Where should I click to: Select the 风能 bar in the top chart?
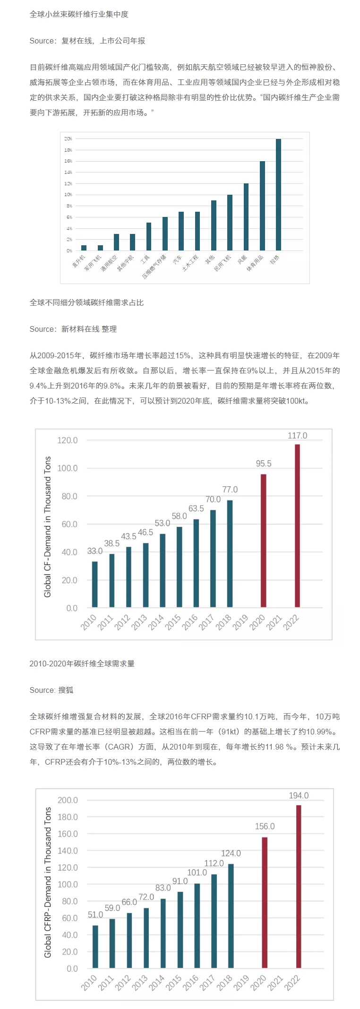coord(246,216)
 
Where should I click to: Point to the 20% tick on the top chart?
coord(69,139)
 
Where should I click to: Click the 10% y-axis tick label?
coord(69,195)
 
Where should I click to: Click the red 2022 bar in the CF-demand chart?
coord(297,526)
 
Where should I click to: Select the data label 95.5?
coord(264,464)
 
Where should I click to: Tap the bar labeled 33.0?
coord(95,584)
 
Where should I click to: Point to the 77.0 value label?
coord(230,490)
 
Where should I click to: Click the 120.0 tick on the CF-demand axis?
coord(67,440)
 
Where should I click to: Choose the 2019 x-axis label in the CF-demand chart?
coord(240,622)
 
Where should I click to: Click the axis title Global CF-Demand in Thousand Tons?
coord(48,526)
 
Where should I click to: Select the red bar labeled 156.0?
coord(265,902)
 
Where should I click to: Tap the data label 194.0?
coord(299,796)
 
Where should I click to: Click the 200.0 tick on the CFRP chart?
coord(68,800)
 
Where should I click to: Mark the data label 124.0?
coord(231,854)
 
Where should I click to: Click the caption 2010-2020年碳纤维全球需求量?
coord(82,664)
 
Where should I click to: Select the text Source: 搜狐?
coord(51,690)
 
